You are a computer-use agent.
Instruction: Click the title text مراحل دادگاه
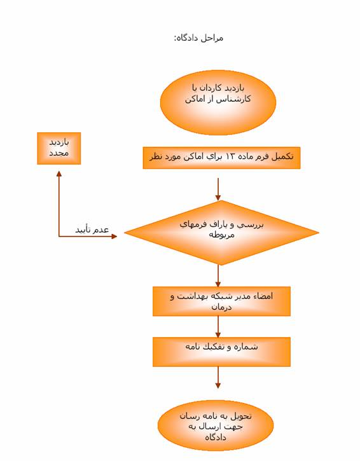199,38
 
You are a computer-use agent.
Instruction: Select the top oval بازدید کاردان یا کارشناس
218,102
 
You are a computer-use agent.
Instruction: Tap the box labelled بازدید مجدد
59,148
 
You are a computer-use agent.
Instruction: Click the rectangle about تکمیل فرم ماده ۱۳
221,158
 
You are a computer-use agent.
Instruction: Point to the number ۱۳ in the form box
230,156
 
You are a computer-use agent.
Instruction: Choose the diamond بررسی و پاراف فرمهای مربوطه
221,233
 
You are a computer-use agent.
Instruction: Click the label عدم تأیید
92,230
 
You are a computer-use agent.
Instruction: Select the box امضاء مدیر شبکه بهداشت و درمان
221,301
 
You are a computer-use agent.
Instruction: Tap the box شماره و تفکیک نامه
221,352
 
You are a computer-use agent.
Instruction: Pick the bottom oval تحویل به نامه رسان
216,425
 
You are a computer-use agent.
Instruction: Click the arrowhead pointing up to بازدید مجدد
59,174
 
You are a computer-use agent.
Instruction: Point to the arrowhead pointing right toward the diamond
114,236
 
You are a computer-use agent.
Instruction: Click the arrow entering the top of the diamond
218,189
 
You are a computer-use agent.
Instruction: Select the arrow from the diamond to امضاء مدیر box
218,276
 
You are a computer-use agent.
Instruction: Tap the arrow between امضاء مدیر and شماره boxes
218,327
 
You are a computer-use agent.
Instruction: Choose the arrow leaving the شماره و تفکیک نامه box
218,378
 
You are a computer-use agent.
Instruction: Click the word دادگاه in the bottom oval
216,437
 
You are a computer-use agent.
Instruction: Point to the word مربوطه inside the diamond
222,235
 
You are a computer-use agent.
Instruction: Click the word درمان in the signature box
221,307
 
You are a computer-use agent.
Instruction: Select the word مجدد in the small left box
59,153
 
